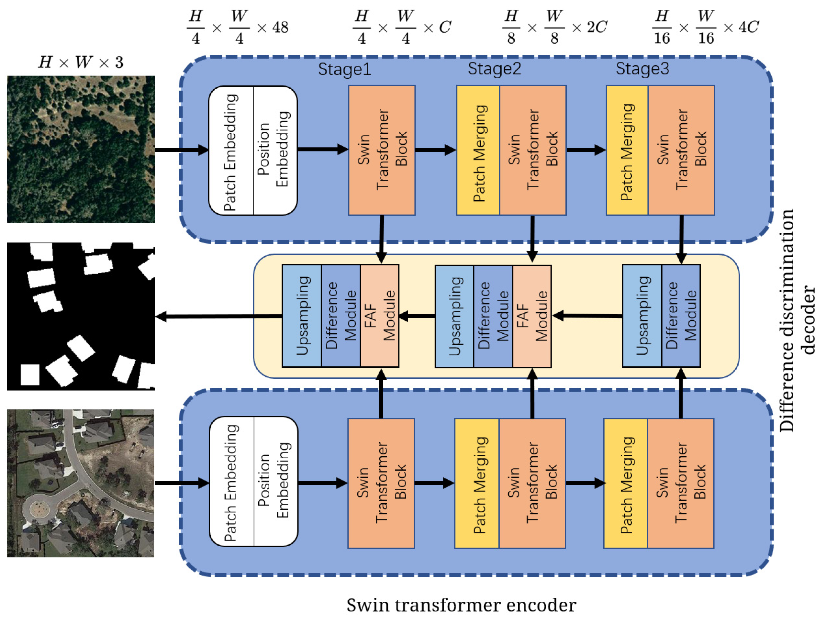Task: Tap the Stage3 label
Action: tap(642, 69)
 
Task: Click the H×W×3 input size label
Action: tap(81, 62)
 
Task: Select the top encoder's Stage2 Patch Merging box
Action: tap(478, 150)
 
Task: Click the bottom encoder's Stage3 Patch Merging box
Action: tap(625, 483)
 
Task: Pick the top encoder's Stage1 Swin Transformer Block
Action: tap(382, 150)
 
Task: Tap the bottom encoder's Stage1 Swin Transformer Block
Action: tap(381, 483)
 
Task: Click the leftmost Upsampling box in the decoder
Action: tap(302, 316)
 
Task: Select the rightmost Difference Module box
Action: tap(681, 316)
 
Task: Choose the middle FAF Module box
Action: tap(532, 316)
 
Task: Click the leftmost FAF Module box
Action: tap(379, 316)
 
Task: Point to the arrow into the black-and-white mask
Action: tap(217, 317)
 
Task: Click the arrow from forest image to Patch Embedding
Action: tap(182, 150)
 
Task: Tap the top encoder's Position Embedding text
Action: tap(275, 150)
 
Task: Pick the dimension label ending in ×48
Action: tap(238, 27)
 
